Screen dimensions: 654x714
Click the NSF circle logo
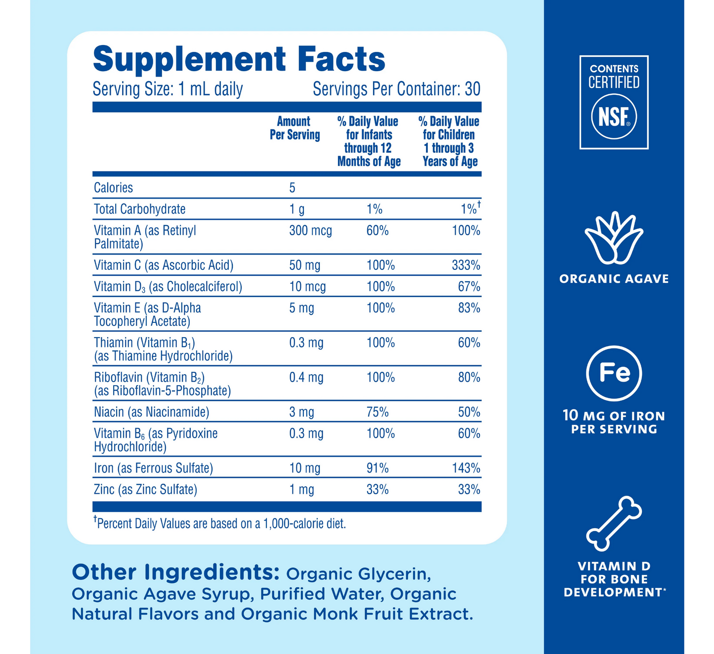coord(614,117)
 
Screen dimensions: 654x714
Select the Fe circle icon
coord(614,373)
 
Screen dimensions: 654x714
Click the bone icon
coord(614,523)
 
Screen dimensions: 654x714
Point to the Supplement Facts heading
coord(239,59)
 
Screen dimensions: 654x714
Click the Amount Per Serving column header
coord(294,128)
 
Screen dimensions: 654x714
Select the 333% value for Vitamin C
coord(466,265)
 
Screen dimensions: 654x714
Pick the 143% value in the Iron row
coord(466,468)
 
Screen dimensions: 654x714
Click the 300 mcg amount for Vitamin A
coord(310,231)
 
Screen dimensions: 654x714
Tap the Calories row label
coord(114,188)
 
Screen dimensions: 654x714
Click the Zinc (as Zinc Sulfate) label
coord(145,490)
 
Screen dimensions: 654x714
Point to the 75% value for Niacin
coord(378,412)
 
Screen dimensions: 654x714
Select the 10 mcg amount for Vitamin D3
coord(307,287)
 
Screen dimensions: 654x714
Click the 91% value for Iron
coord(378,468)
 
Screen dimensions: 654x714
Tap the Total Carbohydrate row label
coord(140,209)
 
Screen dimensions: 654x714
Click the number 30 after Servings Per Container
coord(472,89)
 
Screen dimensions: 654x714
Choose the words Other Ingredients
coord(175,572)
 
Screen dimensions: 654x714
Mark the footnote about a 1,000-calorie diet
coord(220,523)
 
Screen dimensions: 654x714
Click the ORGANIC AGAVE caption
coord(614,279)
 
